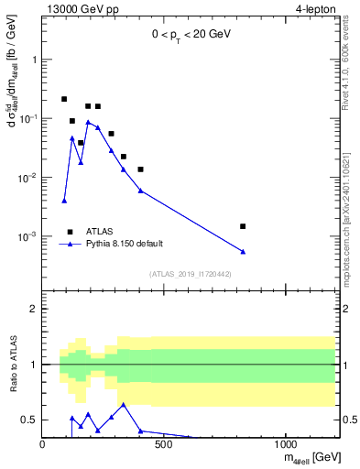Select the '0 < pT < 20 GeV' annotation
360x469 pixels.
coord(192,34)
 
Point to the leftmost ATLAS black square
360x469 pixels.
coord(64,99)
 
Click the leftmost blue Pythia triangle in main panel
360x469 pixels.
coord(64,201)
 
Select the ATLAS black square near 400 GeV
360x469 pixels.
coord(140,169)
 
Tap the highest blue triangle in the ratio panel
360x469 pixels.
coord(124,404)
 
